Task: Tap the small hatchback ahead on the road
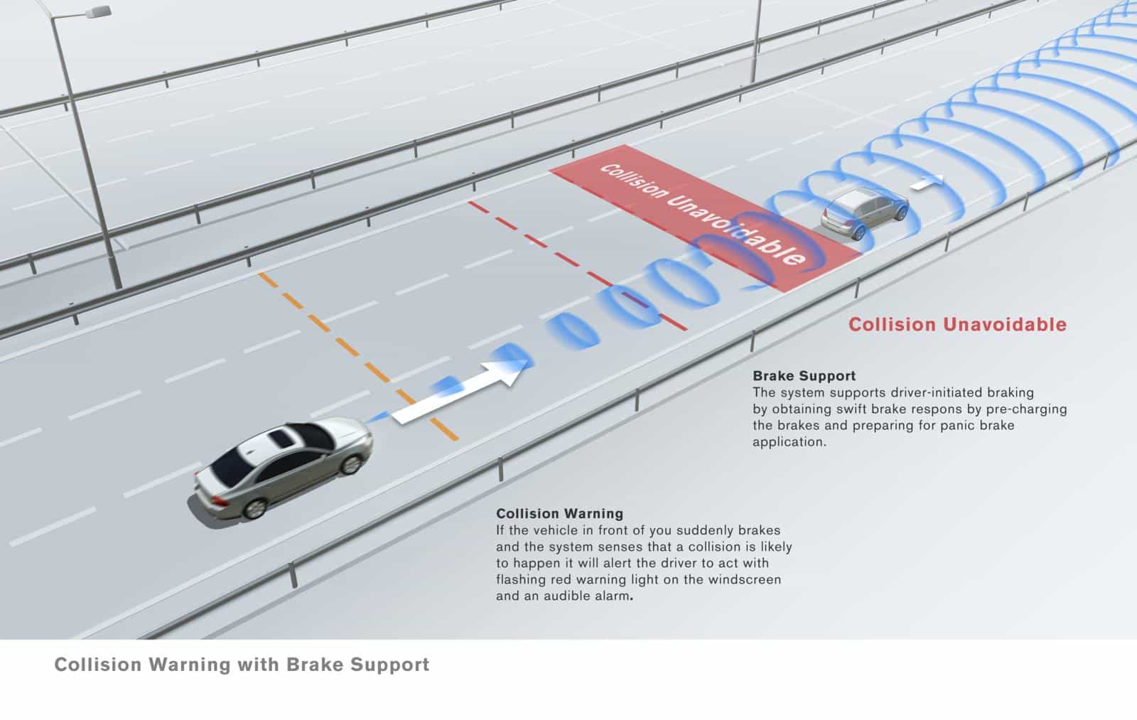[864, 213]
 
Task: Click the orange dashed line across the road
[358, 356]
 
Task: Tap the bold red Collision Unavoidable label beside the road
[957, 324]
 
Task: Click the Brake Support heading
[804, 376]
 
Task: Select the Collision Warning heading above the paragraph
[559, 513]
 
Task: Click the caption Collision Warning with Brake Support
[242, 665]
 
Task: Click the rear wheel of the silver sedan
[254, 508]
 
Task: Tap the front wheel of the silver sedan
[351, 464]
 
